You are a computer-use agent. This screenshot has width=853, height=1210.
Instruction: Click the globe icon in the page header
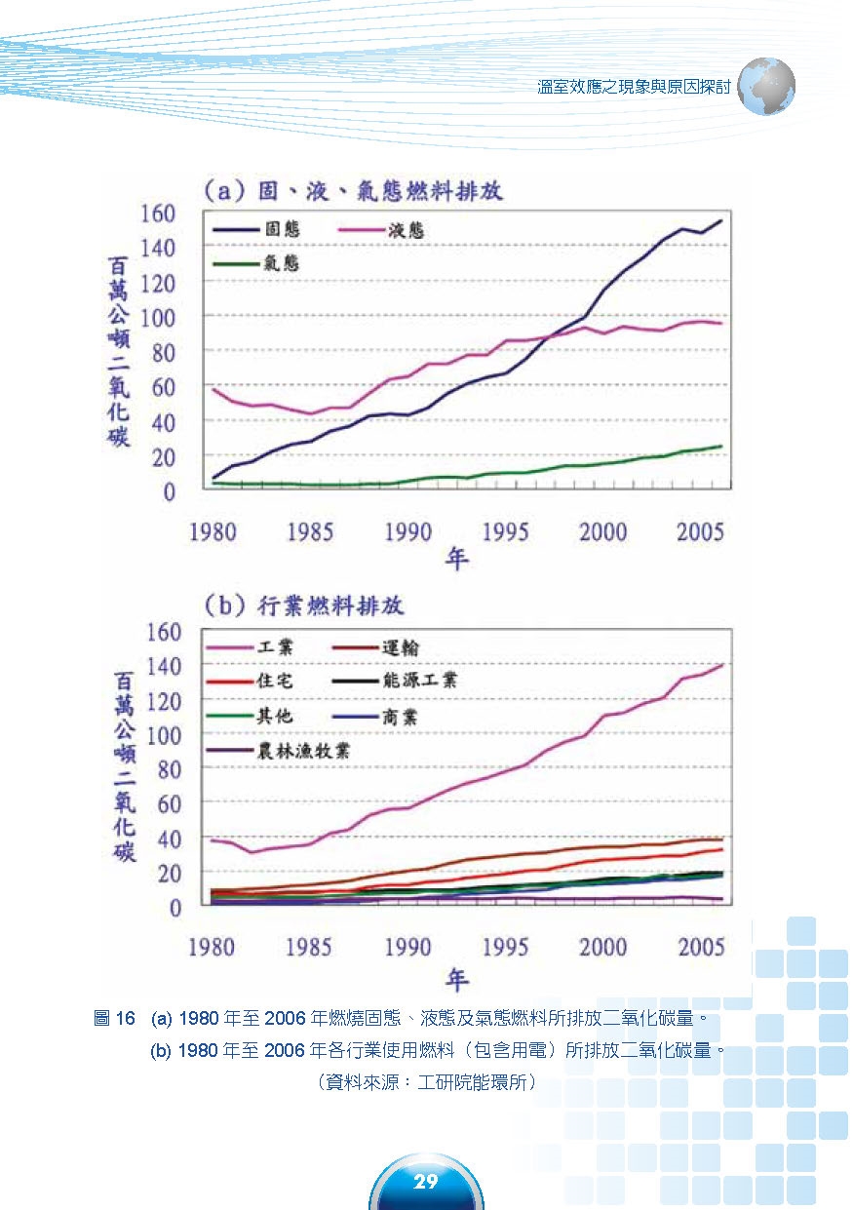[767, 87]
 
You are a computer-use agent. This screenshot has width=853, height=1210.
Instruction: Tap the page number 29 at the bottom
[426, 1183]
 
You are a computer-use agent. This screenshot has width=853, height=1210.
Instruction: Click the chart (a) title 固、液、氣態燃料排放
[352, 189]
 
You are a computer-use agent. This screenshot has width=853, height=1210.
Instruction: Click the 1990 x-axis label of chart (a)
[408, 531]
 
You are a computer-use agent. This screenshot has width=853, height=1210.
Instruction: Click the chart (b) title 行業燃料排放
[303, 606]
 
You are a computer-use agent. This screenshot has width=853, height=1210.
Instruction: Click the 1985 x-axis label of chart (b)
[309, 946]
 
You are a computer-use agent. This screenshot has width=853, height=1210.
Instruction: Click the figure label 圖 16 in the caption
[113, 1020]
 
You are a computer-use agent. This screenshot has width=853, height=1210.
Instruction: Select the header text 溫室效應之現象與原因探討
[634, 87]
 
